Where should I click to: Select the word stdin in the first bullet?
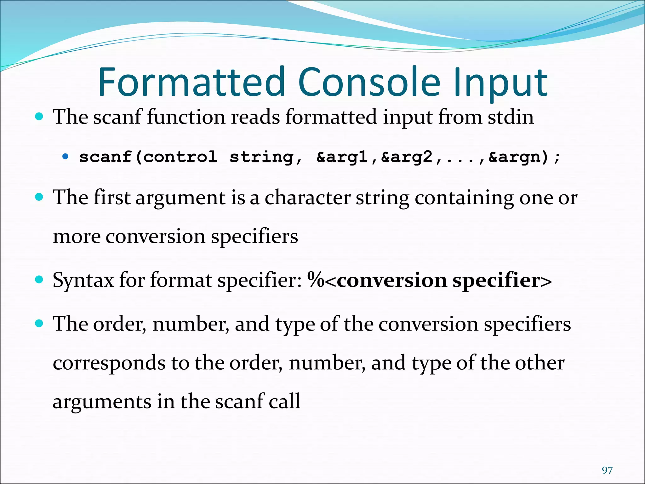click(511, 117)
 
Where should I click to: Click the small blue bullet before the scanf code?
click(65, 156)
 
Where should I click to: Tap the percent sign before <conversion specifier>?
click(316, 280)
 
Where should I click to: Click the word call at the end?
click(284, 401)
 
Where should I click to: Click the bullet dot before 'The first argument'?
click(39, 197)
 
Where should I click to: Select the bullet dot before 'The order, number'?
click(39, 323)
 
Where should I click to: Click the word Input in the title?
click(501, 83)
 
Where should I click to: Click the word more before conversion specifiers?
click(77, 237)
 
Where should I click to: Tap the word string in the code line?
click(261, 157)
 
